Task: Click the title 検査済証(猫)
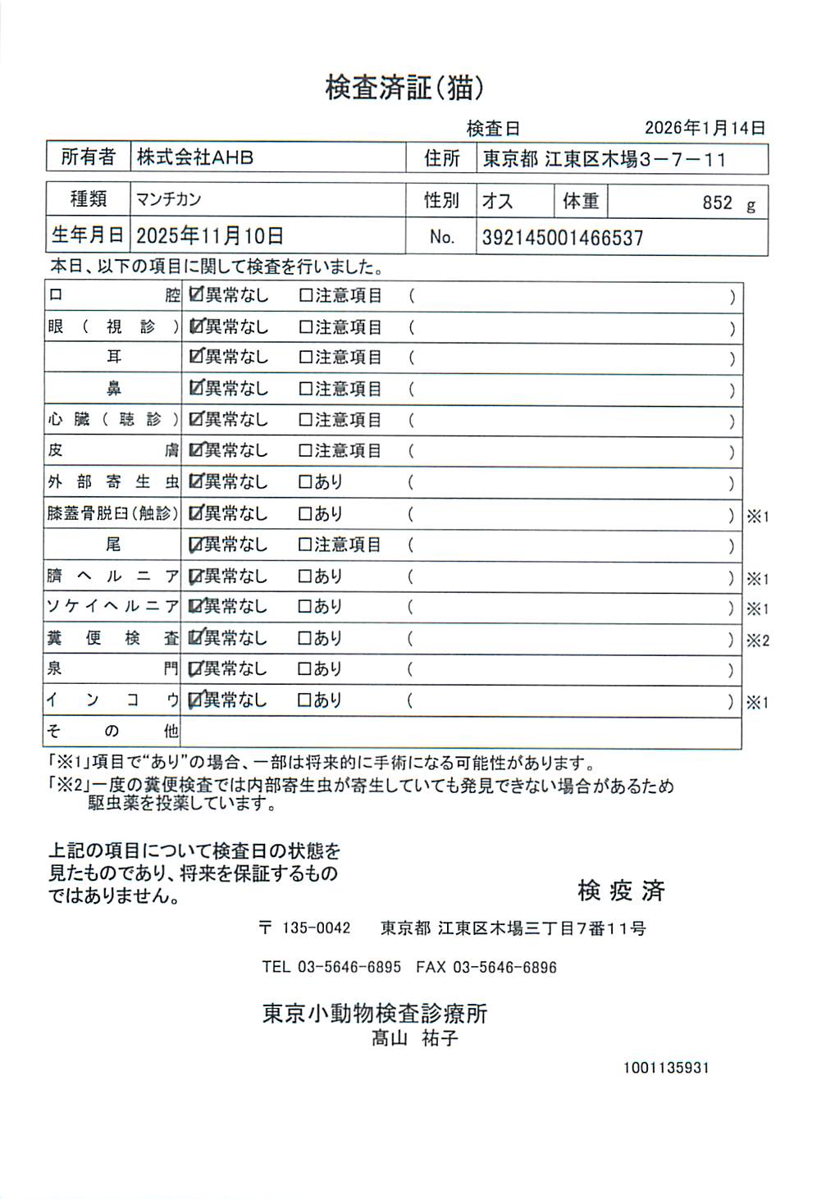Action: point(404,88)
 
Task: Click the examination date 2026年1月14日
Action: point(705,128)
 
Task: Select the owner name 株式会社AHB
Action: point(195,157)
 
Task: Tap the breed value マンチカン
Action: point(169,199)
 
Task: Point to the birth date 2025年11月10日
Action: point(210,236)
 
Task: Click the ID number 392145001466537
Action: point(563,238)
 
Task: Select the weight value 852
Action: point(717,203)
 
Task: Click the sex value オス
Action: point(498,201)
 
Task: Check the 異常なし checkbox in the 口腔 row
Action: point(196,295)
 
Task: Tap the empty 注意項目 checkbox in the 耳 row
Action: point(306,358)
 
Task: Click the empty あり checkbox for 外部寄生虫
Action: point(305,482)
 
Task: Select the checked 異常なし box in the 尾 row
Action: point(196,545)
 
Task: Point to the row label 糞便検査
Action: point(112,638)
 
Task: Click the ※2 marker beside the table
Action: point(757,641)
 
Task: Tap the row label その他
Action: point(112,732)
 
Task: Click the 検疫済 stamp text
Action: point(621,890)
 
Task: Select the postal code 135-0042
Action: point(316,928)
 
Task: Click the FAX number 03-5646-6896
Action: point(504,968)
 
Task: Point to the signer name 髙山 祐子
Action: point(414,1038)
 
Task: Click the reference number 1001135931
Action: point(665,1068)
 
